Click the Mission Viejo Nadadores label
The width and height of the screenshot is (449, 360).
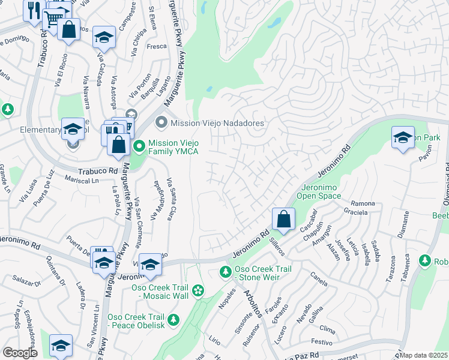point(217,123)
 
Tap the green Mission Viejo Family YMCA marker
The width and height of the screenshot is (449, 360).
point(139,146)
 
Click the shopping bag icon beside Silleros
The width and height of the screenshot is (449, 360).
point(283,219)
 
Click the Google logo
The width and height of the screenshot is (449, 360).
point(20,352)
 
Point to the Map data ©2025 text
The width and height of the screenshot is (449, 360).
point(424,355)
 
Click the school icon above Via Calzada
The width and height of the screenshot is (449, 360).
point(104,37)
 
